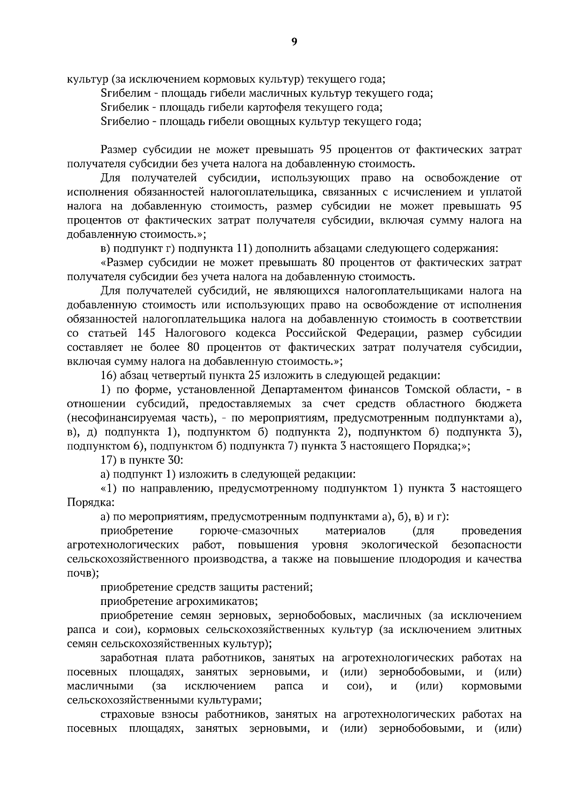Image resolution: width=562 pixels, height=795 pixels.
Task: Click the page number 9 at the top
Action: [294, 42]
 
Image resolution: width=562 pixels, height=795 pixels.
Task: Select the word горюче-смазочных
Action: [249, 531]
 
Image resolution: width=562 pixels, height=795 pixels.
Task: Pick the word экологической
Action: [400, 545]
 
